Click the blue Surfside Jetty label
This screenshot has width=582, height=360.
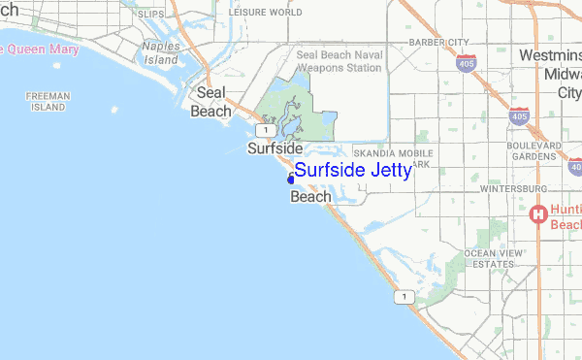click(x=352, y=171)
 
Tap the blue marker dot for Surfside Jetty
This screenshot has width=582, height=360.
click(x=291, y=179)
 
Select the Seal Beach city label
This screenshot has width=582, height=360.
click(x=211, y=102)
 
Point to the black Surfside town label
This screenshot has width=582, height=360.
click(x=275, y=149)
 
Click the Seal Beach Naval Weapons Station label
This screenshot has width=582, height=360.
click(x=339, y=62)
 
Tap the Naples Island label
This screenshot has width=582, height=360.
click(x=161, y=52)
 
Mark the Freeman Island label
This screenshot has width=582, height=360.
click(x=46, y=102)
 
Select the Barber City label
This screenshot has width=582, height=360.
click(x=438, y=42)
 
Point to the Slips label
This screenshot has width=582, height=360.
click(x=150, y=15)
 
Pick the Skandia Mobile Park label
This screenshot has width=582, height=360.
click(x=393, y=158)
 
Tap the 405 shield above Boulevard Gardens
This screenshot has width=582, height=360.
click(x=521, y=115)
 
